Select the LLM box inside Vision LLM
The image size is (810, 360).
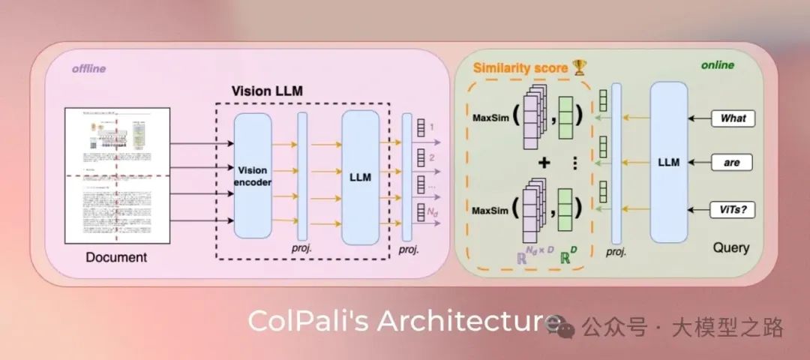tap(360, 177)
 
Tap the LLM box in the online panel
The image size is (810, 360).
tap(668, 162)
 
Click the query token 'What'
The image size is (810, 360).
tap(733, 118)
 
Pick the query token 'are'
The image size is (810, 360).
tap(733, 162)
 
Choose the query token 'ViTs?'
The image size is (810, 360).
tap(733, 210)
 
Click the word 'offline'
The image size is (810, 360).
tap(88, 68)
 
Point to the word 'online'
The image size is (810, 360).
tap(717, 65)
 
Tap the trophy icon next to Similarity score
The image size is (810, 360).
tap(579, 68)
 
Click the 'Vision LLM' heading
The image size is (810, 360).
tap(266, 91)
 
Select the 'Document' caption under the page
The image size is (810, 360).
tap(116, 258)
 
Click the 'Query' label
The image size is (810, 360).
tap(730, 247)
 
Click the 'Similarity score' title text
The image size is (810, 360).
tap(520, 68)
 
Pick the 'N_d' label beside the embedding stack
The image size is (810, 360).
tap(433, 214)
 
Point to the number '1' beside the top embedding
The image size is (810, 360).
tap(432, 128)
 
